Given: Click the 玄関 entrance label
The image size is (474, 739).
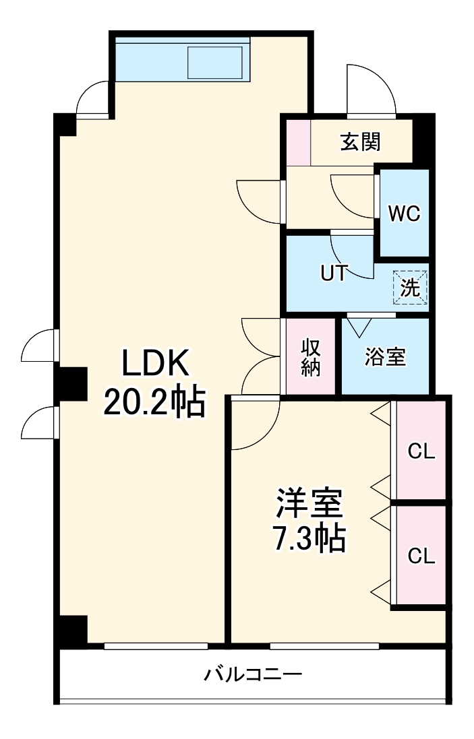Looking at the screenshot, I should pos(360,142).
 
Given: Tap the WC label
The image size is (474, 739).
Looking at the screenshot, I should pos(404,213).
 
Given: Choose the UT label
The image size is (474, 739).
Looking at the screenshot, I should pos(334,273).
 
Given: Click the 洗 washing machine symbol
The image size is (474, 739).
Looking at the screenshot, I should pos(411,288).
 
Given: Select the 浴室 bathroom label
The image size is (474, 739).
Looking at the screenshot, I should pos(385,357).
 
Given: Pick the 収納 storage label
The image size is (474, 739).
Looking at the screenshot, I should pos(310,357).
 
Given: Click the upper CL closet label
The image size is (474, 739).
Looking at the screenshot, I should pos(421,451).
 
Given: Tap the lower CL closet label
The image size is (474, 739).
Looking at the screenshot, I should pos(421,556).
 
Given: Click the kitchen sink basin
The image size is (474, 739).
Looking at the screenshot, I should pos(215,63).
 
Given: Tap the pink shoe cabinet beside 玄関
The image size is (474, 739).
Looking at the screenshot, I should pos(297,142).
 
